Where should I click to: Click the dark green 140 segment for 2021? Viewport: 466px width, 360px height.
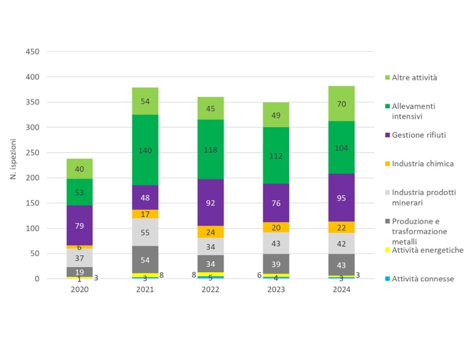pos(145,150)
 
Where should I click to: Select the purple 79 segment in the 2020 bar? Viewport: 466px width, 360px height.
pos(79,225)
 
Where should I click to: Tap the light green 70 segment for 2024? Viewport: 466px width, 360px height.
pos(341,103)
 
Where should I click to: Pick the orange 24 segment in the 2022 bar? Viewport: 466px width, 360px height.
pos(210,232)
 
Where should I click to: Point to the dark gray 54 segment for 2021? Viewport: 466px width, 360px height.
pos(145,259)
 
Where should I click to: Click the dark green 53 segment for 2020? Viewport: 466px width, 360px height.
pos(79,192)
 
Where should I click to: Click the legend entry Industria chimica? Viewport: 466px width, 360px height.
pos(423,164)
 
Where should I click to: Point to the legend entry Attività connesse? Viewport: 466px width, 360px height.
pos(423,279)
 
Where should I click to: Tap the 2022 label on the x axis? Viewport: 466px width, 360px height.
pos(210,290)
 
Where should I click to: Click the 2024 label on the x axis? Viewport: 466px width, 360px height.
pos(341,290)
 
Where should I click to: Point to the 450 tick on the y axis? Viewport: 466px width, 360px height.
pos(33,52)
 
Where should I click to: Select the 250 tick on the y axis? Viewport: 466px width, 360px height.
pos(33,153)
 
